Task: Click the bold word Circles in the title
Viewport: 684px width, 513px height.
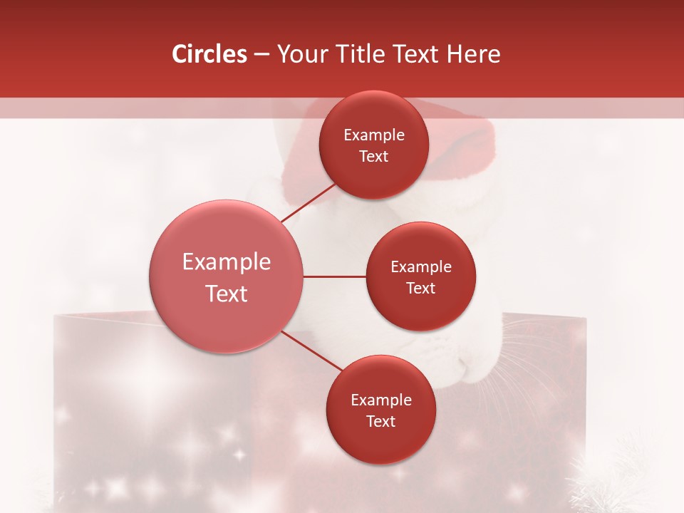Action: coord(209,54)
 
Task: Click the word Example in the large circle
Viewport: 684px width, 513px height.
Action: coord(227,262)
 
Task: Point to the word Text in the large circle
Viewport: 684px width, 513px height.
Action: coord(227,294)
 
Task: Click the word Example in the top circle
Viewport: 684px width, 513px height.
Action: coord(374,135)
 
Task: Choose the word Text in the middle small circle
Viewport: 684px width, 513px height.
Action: coord(421,289)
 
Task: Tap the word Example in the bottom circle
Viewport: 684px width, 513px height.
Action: coord(381,400)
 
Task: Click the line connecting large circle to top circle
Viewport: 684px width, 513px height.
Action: coord(308,203)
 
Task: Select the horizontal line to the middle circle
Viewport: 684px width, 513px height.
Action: coord(335,276)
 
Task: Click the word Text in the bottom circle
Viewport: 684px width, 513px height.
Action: coord(381,422)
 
